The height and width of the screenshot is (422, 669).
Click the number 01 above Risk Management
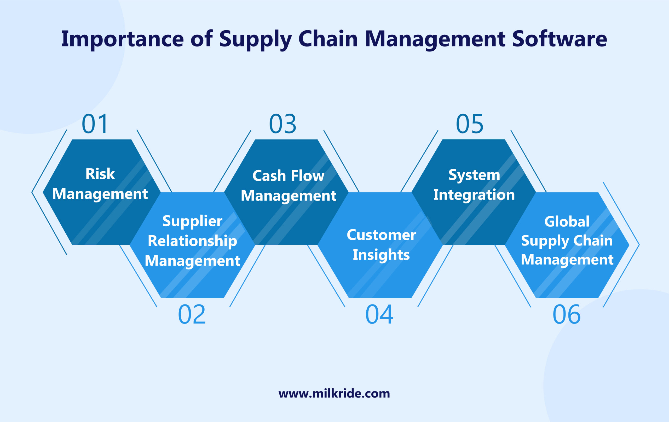click(95, 124)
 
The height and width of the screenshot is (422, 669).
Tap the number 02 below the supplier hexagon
click(192, 315)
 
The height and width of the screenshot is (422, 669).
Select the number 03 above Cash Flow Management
click(282, 124)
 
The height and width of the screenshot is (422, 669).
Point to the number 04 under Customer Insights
click(379, 315)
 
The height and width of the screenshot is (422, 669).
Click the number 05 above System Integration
click(470, 124)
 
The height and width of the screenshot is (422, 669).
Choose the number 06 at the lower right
click(567, 315)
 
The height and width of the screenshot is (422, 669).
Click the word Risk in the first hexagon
click(100, 174)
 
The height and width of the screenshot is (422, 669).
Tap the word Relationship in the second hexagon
click(192, 241)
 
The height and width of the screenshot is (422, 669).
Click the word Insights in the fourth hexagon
click(381, 255)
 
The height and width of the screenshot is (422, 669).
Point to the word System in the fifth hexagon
click(474, 175)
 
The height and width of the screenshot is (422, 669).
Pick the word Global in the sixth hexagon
click(567, 221)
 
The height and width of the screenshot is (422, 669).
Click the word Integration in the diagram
click(474, 195)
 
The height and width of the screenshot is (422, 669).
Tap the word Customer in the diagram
click(381, 235)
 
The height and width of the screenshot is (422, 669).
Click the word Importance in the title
click(122, 39)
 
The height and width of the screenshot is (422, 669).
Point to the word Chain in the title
click(328, 39)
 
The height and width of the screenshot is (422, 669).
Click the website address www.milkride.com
click(334, 393)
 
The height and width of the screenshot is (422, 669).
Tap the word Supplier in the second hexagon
click(192, 221)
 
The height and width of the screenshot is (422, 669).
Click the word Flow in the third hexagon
click(308, 176)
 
